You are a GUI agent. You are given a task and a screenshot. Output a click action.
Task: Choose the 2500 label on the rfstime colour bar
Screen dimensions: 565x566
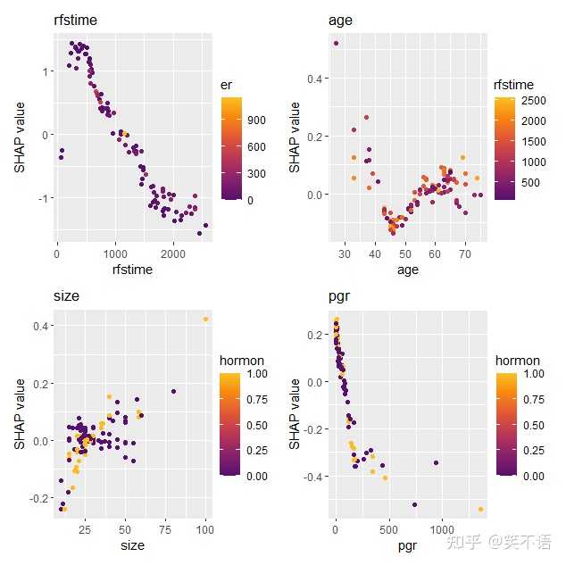click(x=535, y=101)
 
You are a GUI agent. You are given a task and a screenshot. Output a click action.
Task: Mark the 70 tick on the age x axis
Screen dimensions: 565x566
click(x=464, y=253)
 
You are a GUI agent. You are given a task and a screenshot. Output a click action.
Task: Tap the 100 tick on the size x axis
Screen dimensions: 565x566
click(x=205, y=530)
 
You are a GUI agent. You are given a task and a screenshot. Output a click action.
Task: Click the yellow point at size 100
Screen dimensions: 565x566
click(x=205, y=319)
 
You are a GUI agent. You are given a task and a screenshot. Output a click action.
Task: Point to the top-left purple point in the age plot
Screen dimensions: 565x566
click(x=336, y=43)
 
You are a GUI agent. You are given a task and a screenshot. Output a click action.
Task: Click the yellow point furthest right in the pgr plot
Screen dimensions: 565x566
click(x=480, y=510)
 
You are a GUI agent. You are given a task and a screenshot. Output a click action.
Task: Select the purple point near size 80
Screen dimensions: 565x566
click(x=173, y=391)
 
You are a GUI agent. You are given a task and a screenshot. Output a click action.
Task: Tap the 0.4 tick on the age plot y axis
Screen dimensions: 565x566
click(x=316, y=79)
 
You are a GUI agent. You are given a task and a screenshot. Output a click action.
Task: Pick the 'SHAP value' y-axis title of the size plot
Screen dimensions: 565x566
click(x=20, y=411)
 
